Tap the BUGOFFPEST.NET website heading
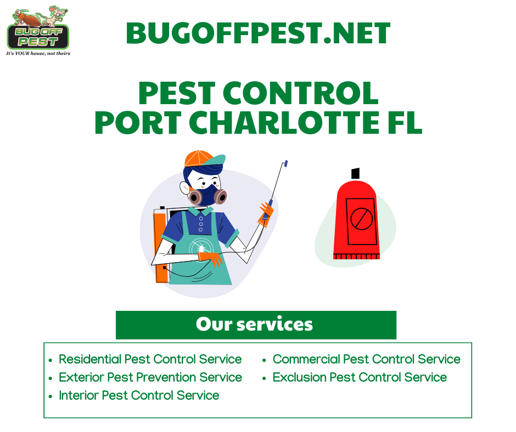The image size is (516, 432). (258, 34)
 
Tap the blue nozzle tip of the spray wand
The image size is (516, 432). (285, 163)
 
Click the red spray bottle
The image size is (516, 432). (356, 219)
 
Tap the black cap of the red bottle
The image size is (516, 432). (355, 173)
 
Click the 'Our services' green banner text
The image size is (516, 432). (255, 324)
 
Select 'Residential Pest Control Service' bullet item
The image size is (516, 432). (150, 359)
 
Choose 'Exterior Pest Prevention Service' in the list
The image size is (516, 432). (150, 377)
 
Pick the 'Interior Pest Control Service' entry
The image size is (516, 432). (139, 395)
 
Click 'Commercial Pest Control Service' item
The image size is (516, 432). (366, 359)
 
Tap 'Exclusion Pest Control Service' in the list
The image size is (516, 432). (360, 377)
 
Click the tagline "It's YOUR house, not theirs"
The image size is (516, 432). (38, 53)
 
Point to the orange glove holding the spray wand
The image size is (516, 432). (266, 212)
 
